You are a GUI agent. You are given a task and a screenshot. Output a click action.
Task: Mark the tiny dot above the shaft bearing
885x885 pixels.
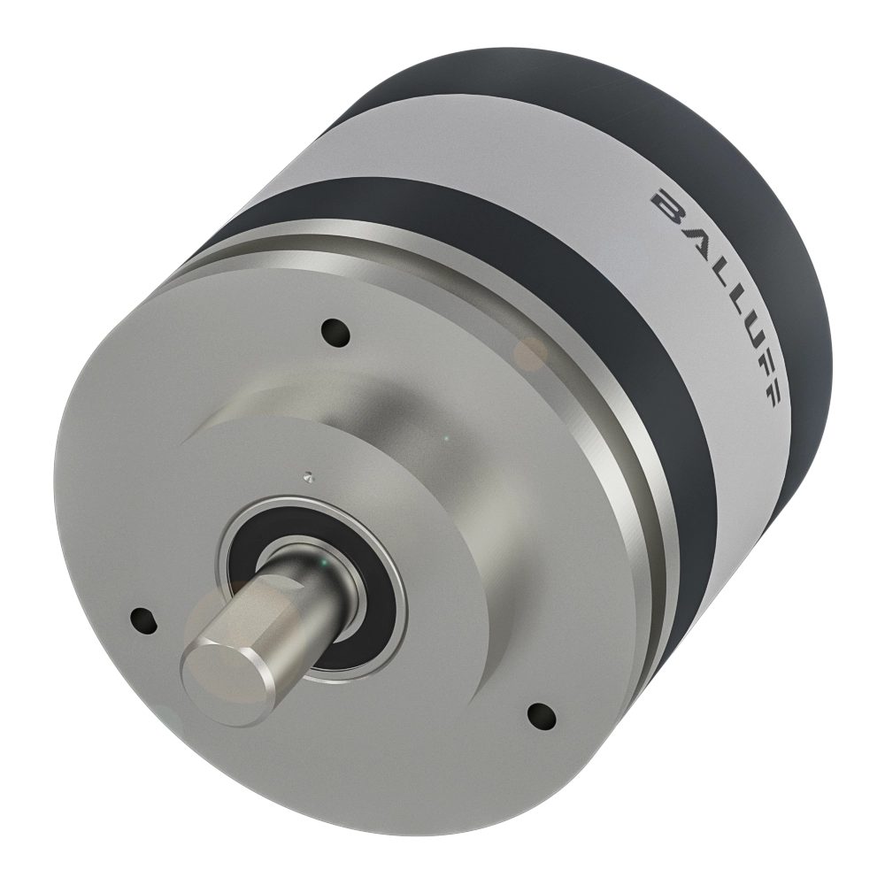pyautogui.click(x=308, y=476)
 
